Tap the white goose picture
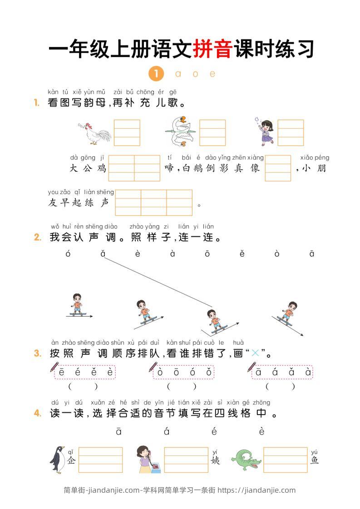179,132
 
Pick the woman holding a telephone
148,460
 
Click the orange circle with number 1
156,73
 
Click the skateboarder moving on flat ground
78,305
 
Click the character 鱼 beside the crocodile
315,460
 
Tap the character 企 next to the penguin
71,460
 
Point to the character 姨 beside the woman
215,460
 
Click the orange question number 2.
38,237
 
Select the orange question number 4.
38,413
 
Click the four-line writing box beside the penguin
100,460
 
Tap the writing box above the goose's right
212,132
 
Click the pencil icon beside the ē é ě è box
55,367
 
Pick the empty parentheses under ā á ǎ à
280,387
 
